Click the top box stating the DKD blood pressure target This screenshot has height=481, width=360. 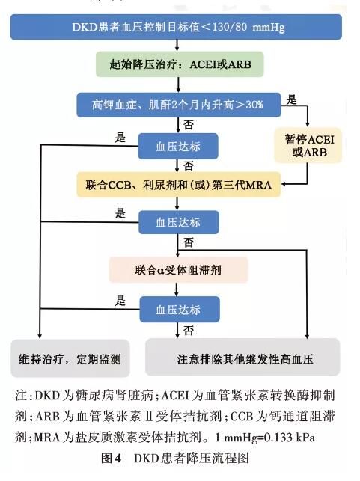(x=176, y=27)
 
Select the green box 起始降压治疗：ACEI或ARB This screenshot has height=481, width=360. (x=180, y=64)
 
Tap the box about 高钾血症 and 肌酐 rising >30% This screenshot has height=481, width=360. (x=179, y=105)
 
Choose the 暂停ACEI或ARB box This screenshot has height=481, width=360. (x=308, y=145)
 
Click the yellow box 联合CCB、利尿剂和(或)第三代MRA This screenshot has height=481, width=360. (x=179, y=185)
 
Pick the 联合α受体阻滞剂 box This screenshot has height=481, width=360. (x=178, y=270)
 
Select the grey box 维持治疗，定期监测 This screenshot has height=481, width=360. (x=70, y=358)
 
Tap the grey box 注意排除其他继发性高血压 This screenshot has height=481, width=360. (x=242, y=358)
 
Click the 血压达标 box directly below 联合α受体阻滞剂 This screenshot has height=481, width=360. (x=180, y=309)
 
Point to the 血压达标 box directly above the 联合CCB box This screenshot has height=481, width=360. (x=178, y=147)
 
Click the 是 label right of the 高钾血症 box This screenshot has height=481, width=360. (x=292, y=99)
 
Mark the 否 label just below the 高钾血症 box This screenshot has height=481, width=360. (x=189, y=125)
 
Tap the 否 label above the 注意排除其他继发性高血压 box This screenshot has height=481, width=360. (x=189, y=331)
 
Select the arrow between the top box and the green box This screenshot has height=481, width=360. (x=177, y=46)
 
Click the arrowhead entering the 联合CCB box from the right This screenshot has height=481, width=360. (x=284, y=184)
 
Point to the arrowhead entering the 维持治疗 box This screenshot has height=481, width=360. (x=39, y=336)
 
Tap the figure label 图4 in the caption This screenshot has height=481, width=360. (x=112, y=458)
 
